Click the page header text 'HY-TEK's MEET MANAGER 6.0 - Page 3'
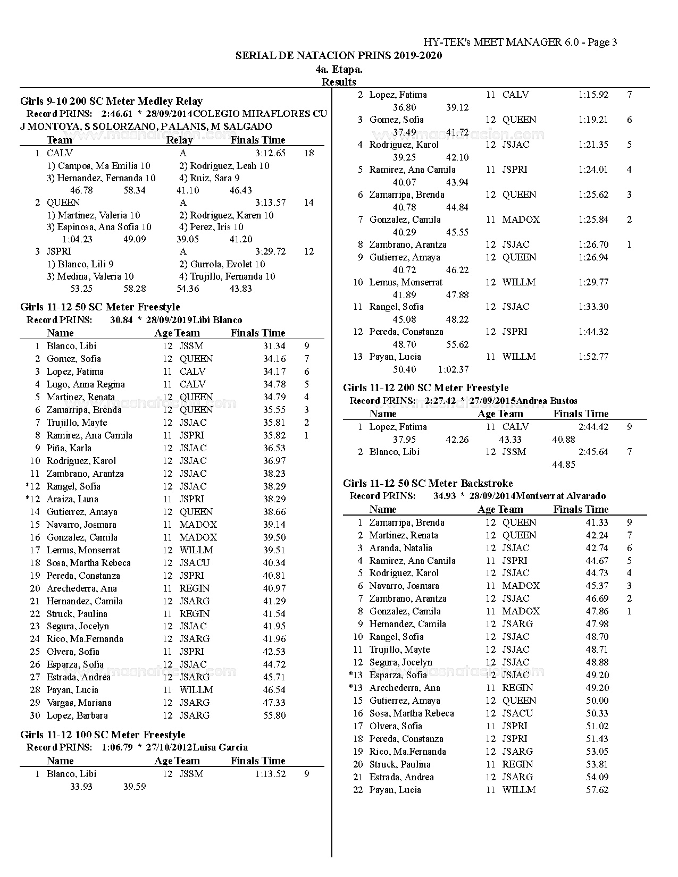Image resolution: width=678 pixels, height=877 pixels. (520, 43)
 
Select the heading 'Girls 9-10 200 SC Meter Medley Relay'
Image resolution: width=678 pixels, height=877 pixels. (111, 101)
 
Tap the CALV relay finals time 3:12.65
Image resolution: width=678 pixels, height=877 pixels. (270, 153)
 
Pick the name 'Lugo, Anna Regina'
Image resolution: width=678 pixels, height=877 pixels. (86, 384)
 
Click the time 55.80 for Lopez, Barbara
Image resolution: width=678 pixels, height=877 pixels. (274, 715)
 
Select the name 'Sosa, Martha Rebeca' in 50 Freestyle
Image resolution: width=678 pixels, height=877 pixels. (88, 563)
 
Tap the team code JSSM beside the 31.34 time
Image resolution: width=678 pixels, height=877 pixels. (191, 346)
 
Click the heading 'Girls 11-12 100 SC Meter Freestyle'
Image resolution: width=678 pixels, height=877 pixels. (103, 735)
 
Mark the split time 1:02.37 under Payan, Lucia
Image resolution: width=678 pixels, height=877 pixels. (454, 369)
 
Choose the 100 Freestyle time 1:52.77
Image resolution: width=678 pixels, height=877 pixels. (593, 357)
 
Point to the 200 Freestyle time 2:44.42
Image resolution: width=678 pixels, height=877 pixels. (593, 427)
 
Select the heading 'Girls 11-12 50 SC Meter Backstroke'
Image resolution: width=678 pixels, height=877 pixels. (428, 483)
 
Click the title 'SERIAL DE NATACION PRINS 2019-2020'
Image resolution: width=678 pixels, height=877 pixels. (339, 56)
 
